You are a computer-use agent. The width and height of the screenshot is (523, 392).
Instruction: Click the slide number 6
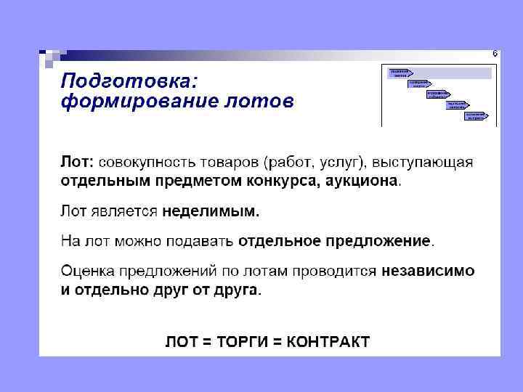pos(495,54)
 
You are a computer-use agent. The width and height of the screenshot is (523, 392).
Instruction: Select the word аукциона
pos(362,180)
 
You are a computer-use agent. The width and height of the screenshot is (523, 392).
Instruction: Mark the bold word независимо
pos(428,271)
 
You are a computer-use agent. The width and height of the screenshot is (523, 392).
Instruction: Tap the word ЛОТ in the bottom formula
pos(181,342)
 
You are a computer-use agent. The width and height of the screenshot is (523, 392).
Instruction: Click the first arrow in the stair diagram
pos(400,73)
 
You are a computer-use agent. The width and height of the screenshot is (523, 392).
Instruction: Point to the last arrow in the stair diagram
pos(477,115)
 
